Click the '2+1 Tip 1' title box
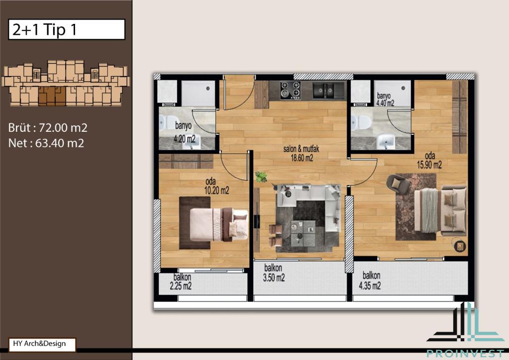pos(67,29)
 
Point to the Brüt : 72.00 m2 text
pos(48,128)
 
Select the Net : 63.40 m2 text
pos(46,143)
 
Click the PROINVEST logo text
pos(465,354)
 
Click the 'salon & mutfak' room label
pos(301,149)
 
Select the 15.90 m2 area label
pos(429,165)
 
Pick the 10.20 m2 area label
pos(217,190)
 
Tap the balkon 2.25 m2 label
pos(181,281)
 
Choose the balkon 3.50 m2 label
pos(274,272)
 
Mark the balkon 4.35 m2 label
pos(370,280)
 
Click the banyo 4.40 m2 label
pos(385,99)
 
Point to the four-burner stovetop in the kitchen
pos(290,90)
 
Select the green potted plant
pos(261,177)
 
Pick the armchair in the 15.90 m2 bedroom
pos(398,184)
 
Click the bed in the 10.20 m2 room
pos(219,224)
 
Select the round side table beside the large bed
pos(460,246)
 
